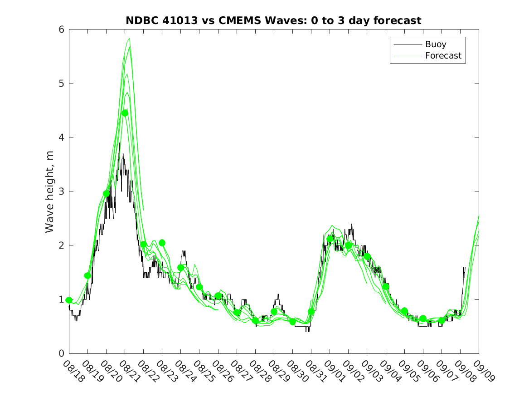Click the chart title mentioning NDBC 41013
click(x=273, y=20)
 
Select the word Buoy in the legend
click(x=435, y=44)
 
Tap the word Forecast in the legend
click(x=443, y=56)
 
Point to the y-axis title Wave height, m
click(x=50, y=191)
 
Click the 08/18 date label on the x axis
click(x=73, y=371)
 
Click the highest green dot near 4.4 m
click(x=125, y=113)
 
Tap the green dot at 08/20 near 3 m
click(x=107, y=194)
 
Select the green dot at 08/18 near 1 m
click(x=69, y=300)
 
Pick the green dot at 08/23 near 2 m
click(x=162, y=243)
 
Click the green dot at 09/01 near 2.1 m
click(x=330, y=239)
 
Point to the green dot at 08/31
click(x=311, y=312)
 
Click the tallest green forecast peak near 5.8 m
click(x=129, y=39)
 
